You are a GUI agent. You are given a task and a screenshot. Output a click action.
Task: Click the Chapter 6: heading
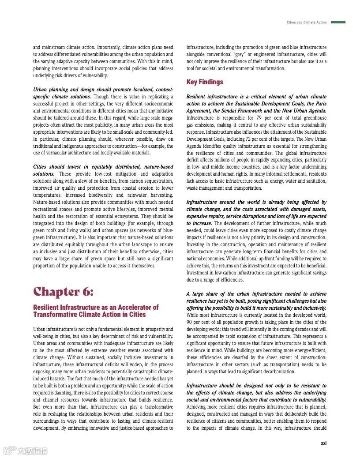point(63,292)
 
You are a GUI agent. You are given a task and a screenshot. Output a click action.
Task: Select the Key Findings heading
point(205,82)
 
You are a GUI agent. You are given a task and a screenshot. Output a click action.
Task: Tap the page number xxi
point(323,443)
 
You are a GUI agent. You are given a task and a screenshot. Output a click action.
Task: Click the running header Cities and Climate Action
point(307,23)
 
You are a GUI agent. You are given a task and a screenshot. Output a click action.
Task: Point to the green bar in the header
point(338,22)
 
